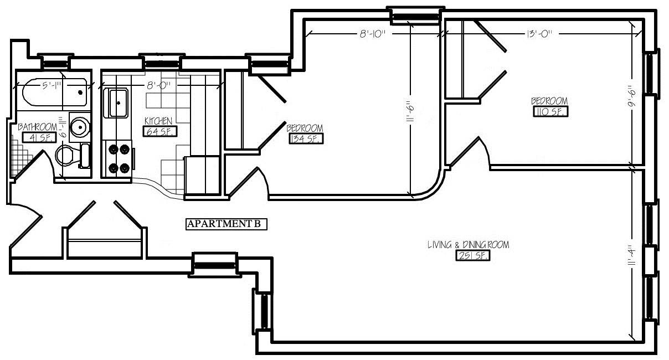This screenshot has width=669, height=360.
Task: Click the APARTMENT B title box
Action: (x=227, y=224)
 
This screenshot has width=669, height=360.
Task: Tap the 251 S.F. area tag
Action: (x=473, y=256)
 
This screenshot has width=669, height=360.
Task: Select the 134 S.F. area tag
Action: (x=306, y=139)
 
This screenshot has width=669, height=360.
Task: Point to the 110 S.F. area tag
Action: (x=550, y=112)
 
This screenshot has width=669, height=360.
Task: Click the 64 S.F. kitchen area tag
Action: (x=160, y=131)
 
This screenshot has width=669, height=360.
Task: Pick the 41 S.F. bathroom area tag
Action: (x=39, y=138)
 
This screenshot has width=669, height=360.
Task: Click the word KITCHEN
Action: (x=158, y=121)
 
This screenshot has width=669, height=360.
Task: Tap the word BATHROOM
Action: (x=37, y=127)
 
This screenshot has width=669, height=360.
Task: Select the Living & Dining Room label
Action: (x=469, y=245)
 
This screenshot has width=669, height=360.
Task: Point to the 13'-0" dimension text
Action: (x=539, y=34)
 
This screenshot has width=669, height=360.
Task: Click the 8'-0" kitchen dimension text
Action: (x=158, y=86)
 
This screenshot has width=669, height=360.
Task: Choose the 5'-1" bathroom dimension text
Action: (x=52, y=86)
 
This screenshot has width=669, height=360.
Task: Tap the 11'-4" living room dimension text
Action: (x=631, y=255)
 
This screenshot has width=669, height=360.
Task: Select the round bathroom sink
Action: (x=80, y=127)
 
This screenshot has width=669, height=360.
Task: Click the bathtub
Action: (x=55, y=92)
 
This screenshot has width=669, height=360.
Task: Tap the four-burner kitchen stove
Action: (x=119, y=159)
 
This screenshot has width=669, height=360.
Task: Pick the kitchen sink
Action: (x=116, y=103)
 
